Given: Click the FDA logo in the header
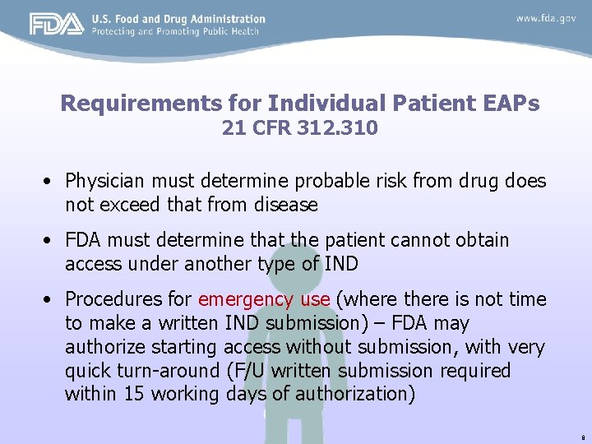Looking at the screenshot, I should pos(57,24).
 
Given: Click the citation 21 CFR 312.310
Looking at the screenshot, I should pos(299,128).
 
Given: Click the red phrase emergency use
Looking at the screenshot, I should pos(264,299).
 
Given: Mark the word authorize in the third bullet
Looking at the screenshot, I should pos(109,348).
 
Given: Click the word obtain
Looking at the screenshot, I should pos(481,240).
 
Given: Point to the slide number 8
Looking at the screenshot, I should pos(581,436).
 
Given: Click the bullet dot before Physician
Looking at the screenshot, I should pos(51,181).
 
